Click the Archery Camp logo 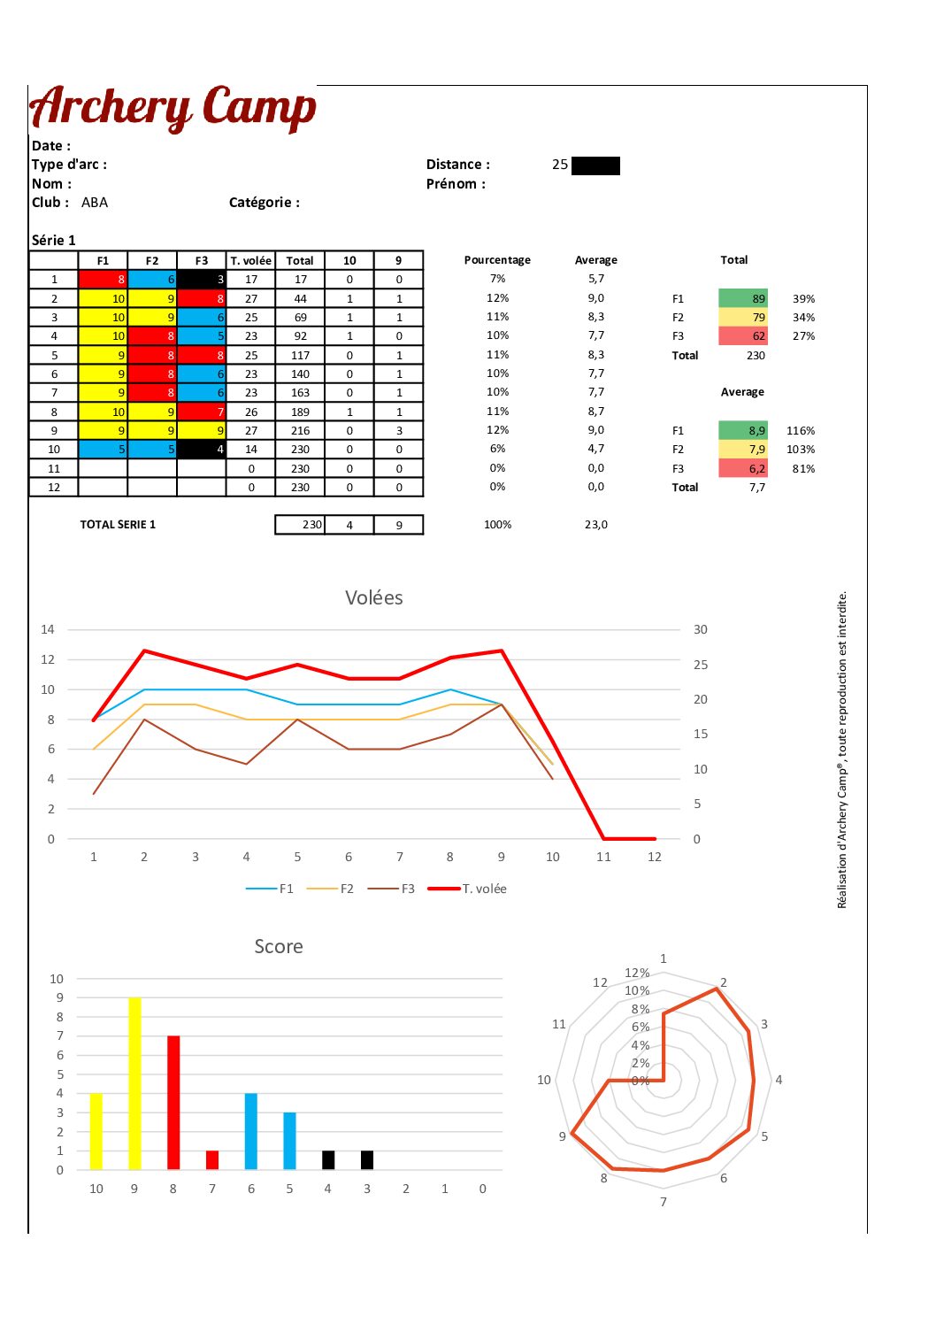(x=173, y=108)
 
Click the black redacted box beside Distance (x=595, y=165)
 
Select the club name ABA (x=95, y=203)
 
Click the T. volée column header (x=251, y=261)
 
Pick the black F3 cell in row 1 (x=202, y=280)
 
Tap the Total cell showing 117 (x=301, y=355)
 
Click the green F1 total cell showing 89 (x=743, y=298)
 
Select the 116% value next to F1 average (x=801, y=431)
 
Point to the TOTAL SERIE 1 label (x=118, y=525)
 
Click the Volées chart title (x=374, y=598)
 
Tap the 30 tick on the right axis (x=701, y=629)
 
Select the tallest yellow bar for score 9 (x=134, y=1083)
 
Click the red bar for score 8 (x=173, y=1103)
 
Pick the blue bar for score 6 (x=251, y=1131)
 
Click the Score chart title (x=279, y=947)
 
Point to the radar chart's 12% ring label (x=637, y=974)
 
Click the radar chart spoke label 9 (x=562, y=1136)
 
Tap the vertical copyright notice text (x=842, y=750)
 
